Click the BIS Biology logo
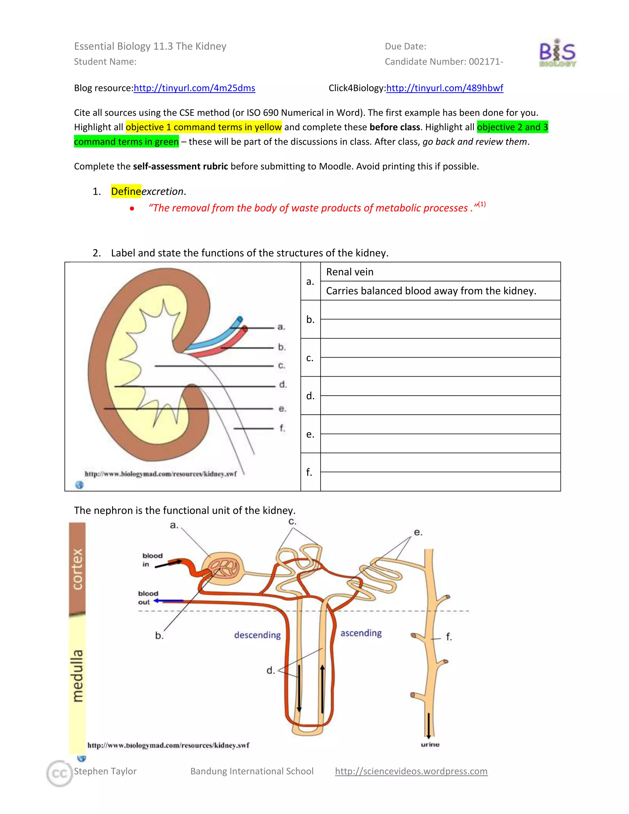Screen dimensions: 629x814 (x=557, y=53)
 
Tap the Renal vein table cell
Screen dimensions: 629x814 (x=440, y=272)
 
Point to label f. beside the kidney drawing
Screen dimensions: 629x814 (x=282, y=428)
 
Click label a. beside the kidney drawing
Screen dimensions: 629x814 (x=281, y=327)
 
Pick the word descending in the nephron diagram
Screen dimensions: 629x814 (x=257, y=635)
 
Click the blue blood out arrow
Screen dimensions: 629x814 (x=168, y=601)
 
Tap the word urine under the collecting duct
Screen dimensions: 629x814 (x=430, y=744)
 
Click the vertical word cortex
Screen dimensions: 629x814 (x=77, y=569)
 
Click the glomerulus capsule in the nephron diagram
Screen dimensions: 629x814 (x=223, y=568)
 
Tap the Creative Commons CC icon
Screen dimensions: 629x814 (x=59, y=773)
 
